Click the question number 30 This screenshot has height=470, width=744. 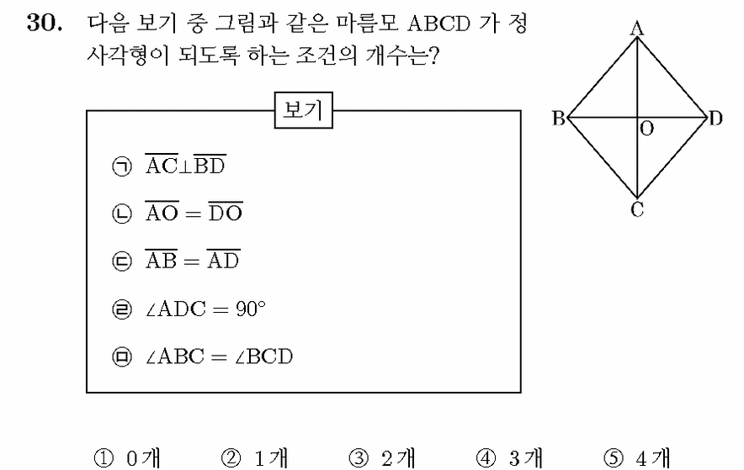click(44, 22)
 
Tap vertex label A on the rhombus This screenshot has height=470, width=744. click(637, 29)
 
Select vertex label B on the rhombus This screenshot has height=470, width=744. click(559, 118)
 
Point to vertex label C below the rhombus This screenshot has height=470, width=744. click(637, 209)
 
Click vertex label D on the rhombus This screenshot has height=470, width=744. click(715, 118)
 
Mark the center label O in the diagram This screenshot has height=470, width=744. click(646, 129)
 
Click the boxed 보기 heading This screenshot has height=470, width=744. click(304, 110)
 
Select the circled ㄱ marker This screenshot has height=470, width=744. click(122, 166)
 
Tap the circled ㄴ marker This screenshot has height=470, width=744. click(122, 214)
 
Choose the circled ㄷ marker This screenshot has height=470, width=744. click(122, 261)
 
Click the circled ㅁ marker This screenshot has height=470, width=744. click(122, 356)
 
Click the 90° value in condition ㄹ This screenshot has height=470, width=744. click(251, 309)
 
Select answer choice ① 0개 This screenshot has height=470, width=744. click(128, 458)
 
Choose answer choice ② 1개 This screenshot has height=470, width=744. click(255, 458)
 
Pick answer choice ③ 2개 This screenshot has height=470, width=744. click(382, 458)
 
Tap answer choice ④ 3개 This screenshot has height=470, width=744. click(509, 458)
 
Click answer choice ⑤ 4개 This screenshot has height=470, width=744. click(637, 458)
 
